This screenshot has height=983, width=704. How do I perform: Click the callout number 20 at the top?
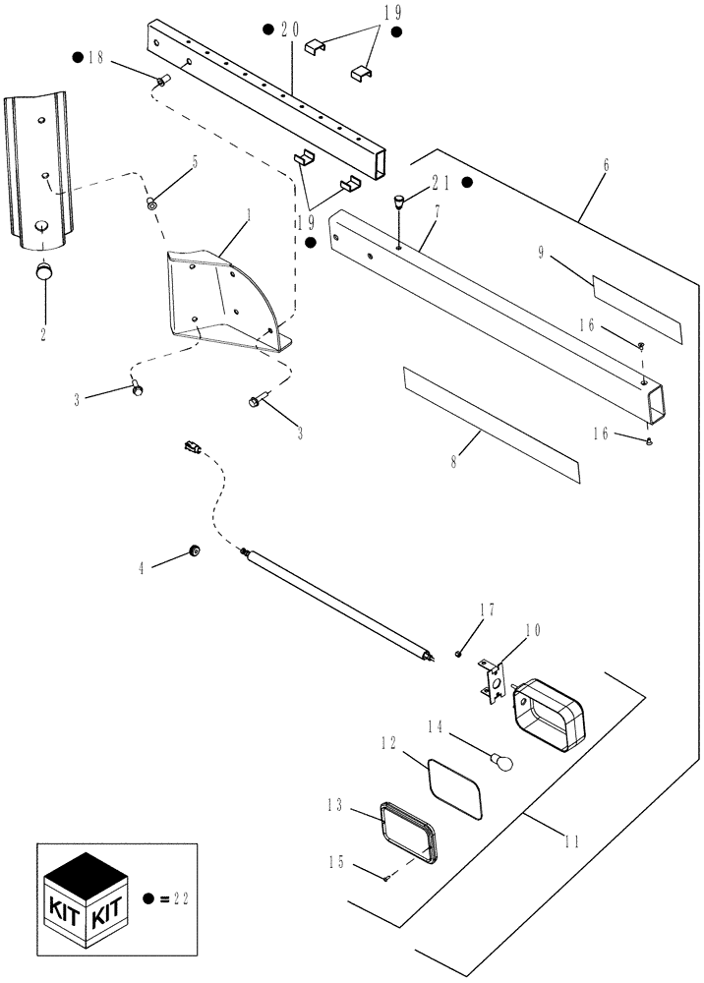(x=290, y=29)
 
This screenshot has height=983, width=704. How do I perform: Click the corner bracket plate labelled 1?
(x=221, y=300)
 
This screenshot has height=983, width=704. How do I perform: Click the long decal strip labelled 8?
(x=490, y=425)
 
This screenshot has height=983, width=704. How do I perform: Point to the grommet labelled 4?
(x=194, y=551)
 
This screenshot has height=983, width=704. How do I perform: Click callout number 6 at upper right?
(x=605, y=165)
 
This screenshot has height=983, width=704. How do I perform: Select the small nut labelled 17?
(x=458, y=653)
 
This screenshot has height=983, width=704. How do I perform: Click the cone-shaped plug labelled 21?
(x=399, y=203)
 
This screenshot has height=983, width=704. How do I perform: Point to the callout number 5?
(x=194, y=162)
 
